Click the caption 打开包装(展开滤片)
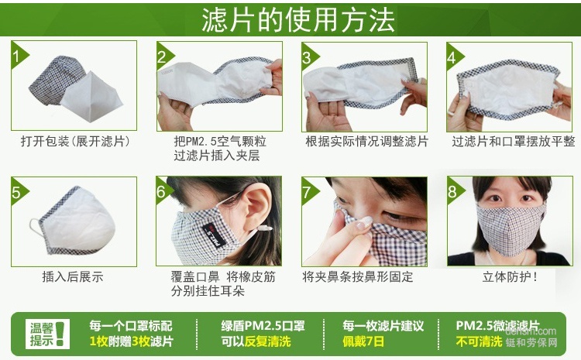click(74, 142)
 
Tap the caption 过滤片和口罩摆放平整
click(513, 142)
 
